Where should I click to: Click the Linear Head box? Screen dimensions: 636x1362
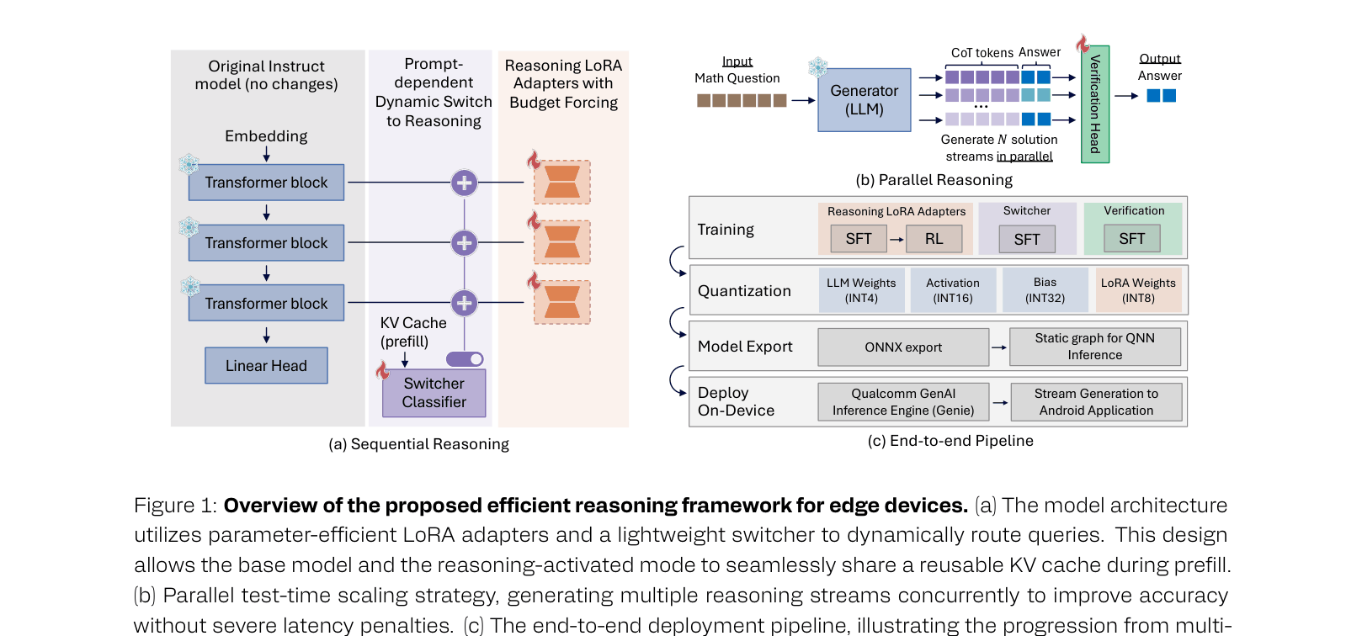click(266, 366)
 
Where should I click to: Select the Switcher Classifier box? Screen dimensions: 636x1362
click(434, 393)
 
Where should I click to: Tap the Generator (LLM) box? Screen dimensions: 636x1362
click(864, 100)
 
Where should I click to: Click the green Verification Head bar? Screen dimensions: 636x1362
click(1094, 103)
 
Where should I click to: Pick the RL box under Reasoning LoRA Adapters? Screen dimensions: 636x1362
click(934, 239)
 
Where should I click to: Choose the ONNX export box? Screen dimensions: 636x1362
click(902, 347)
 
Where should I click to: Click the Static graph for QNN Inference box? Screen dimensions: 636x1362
click(1094, 347)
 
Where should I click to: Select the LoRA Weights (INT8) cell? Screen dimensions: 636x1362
click(1137, 290)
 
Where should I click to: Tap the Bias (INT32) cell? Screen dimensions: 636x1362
click(1045, 290)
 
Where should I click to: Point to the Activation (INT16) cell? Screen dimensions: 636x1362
click(952, 290)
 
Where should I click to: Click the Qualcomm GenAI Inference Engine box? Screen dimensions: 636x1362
click(902, 402)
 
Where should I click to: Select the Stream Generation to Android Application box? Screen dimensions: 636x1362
click(1095, 402)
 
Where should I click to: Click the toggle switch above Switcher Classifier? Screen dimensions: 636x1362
click(465, 359)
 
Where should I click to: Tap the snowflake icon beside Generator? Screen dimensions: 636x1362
click(817, 67)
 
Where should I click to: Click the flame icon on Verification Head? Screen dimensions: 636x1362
click(1083, 43)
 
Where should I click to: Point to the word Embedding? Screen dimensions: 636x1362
click(266, 136)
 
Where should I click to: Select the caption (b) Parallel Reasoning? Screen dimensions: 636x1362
click(934, 180)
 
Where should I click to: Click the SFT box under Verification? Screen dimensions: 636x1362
click(1131, 239)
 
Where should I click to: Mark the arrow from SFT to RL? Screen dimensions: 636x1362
click(896, 240)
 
